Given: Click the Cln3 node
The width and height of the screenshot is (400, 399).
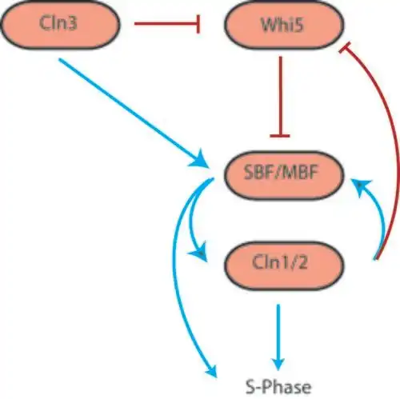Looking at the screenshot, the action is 60,25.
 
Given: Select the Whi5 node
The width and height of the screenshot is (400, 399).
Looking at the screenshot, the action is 284,25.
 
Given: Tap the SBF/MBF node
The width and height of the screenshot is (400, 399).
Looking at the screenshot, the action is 284,175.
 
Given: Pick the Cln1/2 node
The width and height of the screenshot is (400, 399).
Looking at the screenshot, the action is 284,265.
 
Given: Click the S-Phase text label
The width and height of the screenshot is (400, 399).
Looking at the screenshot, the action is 278,387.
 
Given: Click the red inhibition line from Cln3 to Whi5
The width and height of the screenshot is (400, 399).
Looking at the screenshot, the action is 167,24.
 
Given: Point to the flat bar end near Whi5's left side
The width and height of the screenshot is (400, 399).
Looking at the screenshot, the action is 198,24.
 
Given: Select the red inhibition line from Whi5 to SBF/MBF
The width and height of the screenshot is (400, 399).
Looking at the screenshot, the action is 280,97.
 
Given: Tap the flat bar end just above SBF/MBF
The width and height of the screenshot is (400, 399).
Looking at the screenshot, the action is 280,136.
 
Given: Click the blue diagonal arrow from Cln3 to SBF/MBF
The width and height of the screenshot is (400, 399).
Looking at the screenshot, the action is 134,113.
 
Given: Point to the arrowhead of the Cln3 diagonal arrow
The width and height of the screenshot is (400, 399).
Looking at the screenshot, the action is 199,159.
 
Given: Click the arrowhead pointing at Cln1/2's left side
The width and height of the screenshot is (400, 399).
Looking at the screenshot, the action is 199,252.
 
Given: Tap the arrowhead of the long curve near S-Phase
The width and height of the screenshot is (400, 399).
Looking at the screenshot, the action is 212,370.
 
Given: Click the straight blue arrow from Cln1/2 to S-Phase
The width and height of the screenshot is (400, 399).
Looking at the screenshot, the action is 278,337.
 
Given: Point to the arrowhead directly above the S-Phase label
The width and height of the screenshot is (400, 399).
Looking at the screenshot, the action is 278,364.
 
